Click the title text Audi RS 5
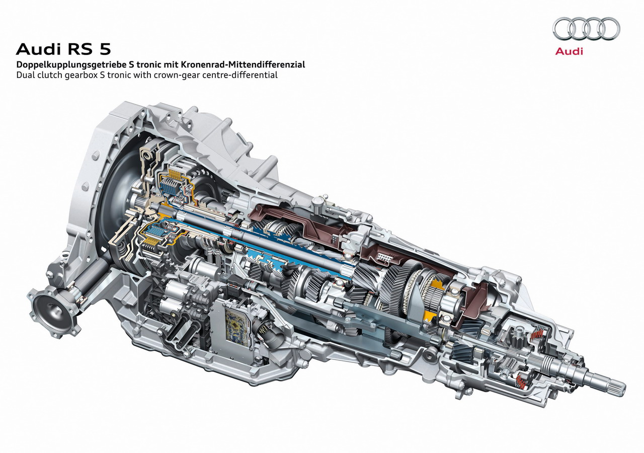tap(63, 49)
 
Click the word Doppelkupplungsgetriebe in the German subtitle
tap(71, 65)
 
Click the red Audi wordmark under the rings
tap(569, 51)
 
